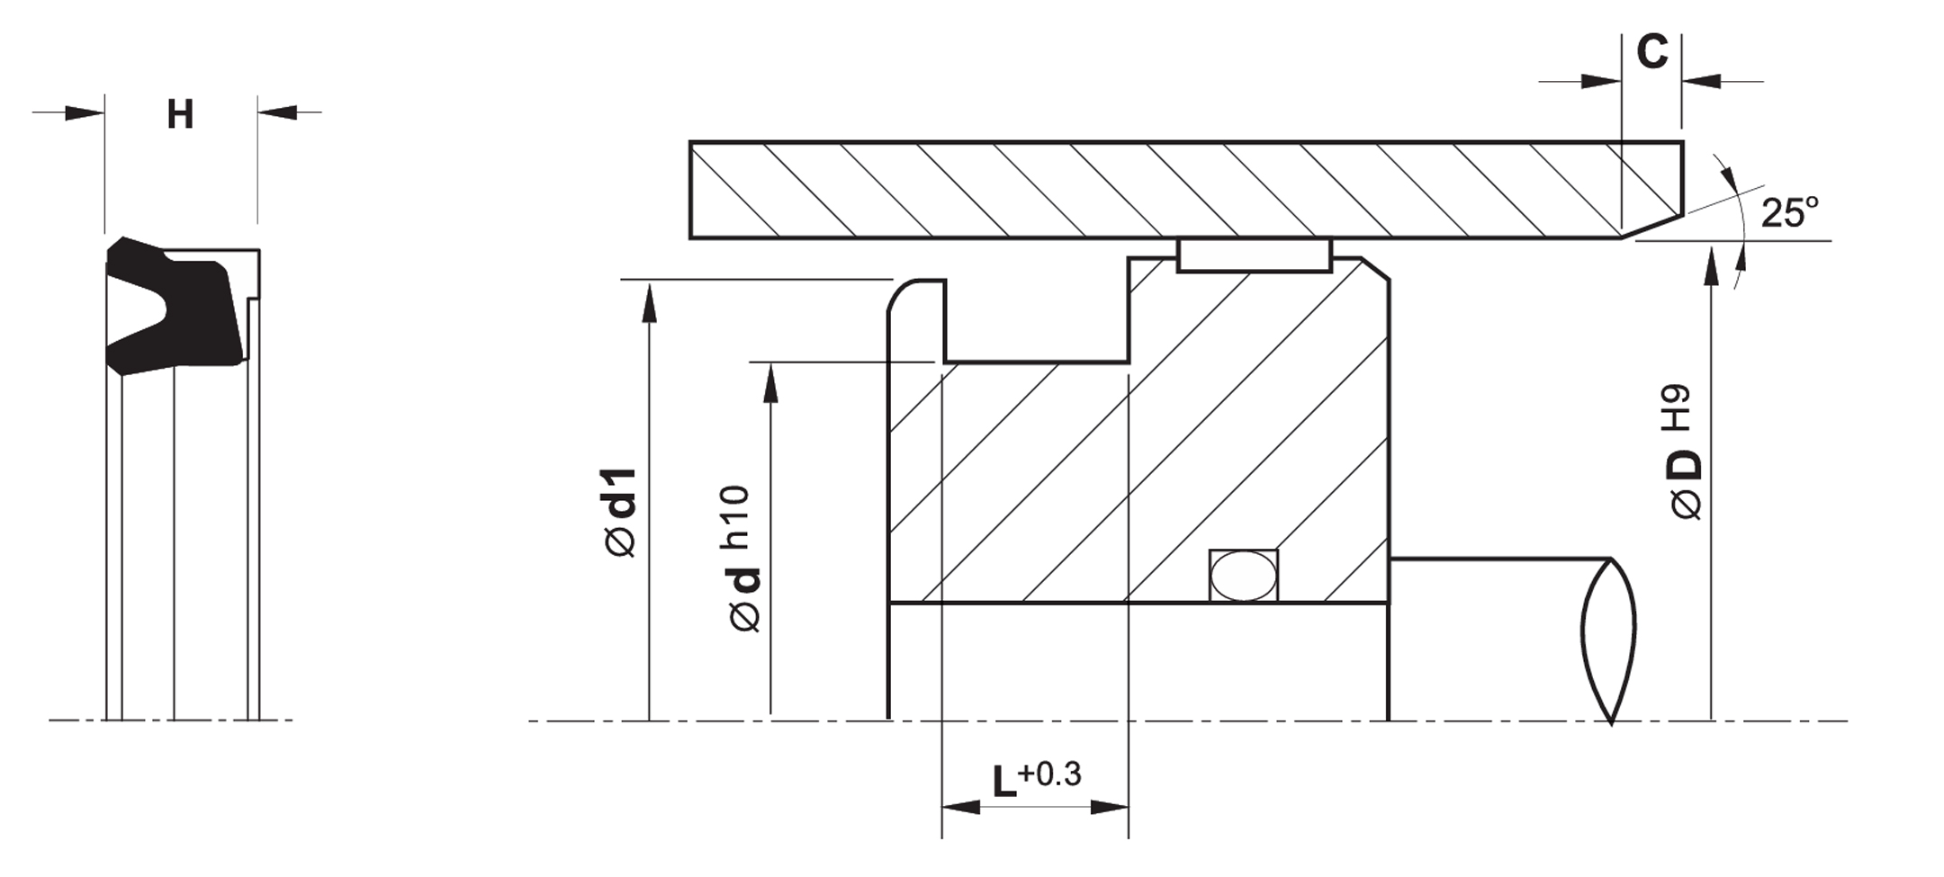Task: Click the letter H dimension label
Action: [180, 115]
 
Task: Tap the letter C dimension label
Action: [1651, 52]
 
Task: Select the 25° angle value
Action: [1789, 212]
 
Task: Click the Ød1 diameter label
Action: [622, 512]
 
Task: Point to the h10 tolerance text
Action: [734, 517]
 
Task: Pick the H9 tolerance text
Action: [1676, 408]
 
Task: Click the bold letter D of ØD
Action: [1687, 465]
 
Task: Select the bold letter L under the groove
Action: [1004, 782]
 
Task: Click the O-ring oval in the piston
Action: [1243, 576]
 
